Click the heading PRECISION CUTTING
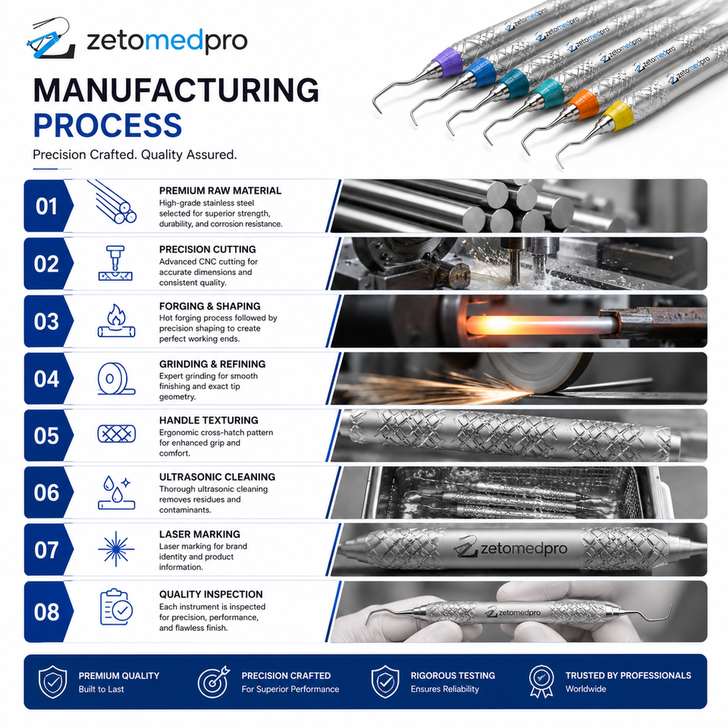(x=208, y=249)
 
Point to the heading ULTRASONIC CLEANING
(x=218, y=477)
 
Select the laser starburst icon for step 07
(x=116, y=549)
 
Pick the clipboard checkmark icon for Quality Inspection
(x=116, y=607)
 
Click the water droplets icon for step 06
(x=116, y=492)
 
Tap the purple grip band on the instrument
(x=447, y=61)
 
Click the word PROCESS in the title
(x=107, y=125)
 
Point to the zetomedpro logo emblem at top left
(x=50, y=38)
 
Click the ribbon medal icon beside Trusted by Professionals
(x=541, y=681)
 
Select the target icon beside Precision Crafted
(x=214, y=682)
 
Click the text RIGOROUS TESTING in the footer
(x=453, y=676)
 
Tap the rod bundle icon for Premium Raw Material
(x=112, y=202)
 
